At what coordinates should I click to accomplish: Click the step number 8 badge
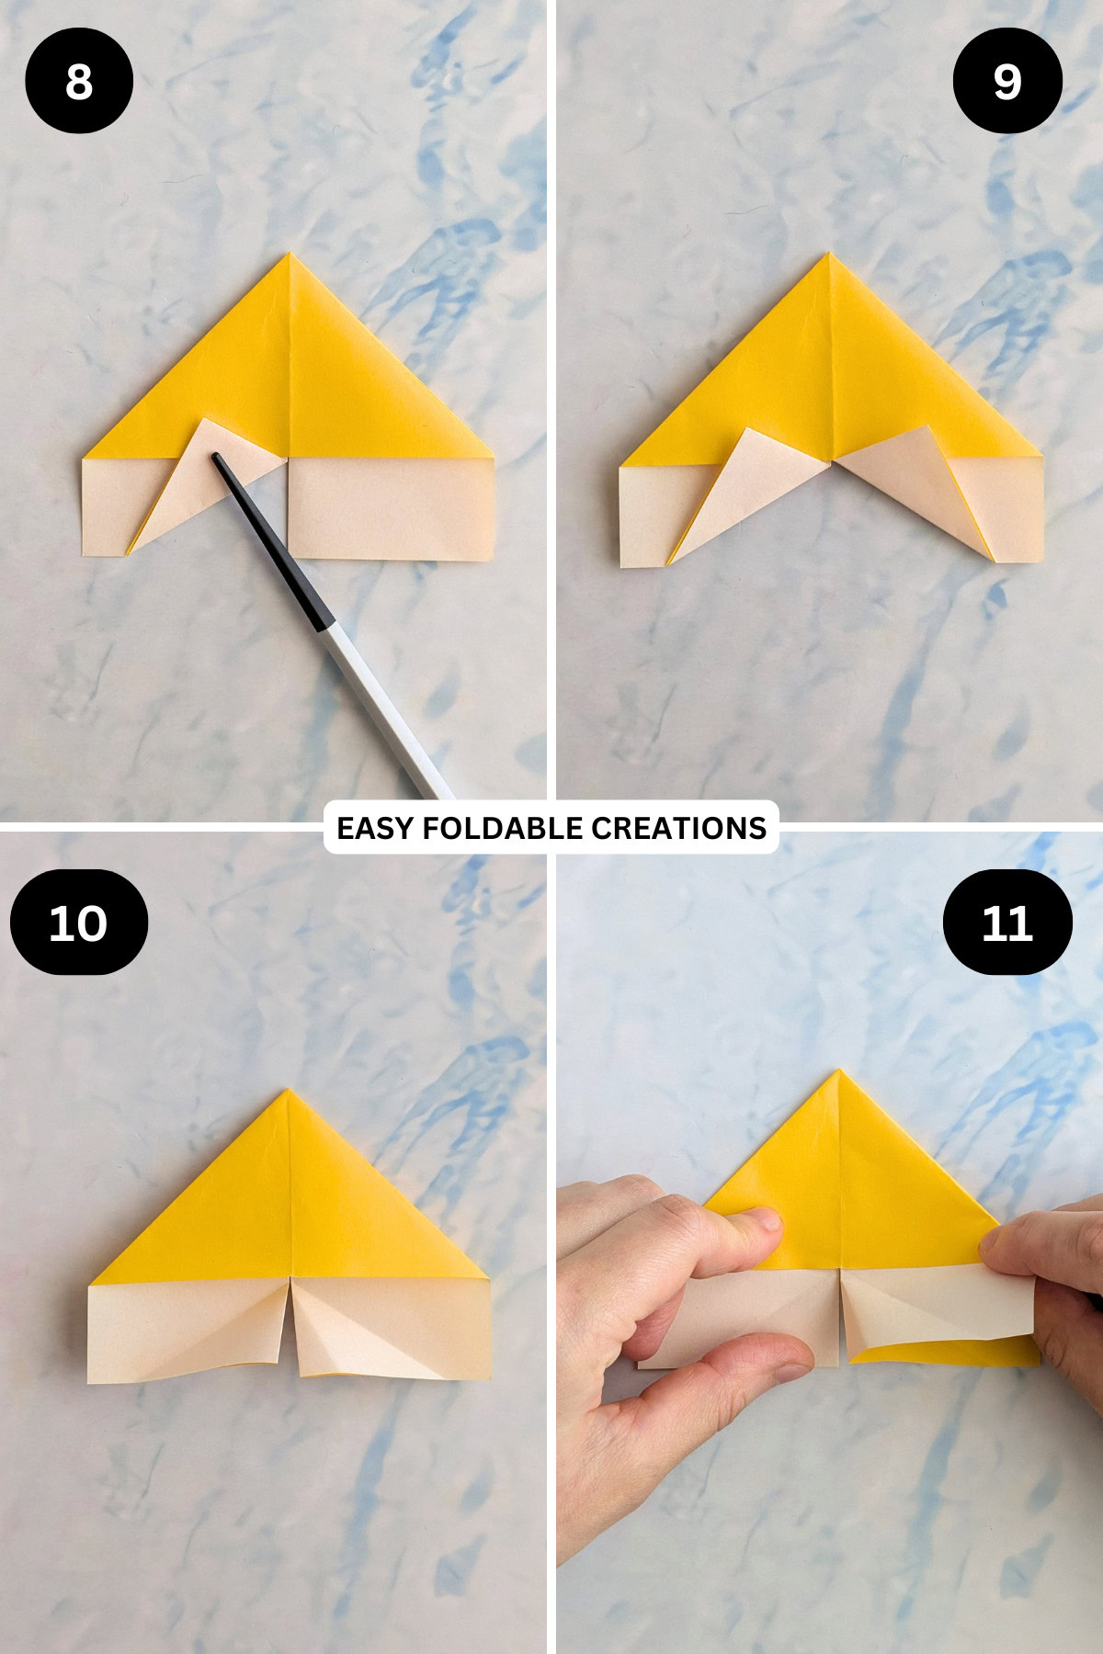(x=79, y=81)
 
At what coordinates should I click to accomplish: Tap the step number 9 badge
(x=1007, y=81)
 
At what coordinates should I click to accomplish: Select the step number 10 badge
(x=79, y=922)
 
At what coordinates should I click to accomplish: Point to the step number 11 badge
(x=1007, y=922)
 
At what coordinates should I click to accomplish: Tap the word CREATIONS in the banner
(x=678, y=828)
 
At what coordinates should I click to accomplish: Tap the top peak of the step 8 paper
(x=290, y=255)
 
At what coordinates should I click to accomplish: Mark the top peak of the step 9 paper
(x=829, y=255)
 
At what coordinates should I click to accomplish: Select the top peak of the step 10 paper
(x=288, y=1092)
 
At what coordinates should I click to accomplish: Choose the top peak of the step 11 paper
(x=839, y=1071)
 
